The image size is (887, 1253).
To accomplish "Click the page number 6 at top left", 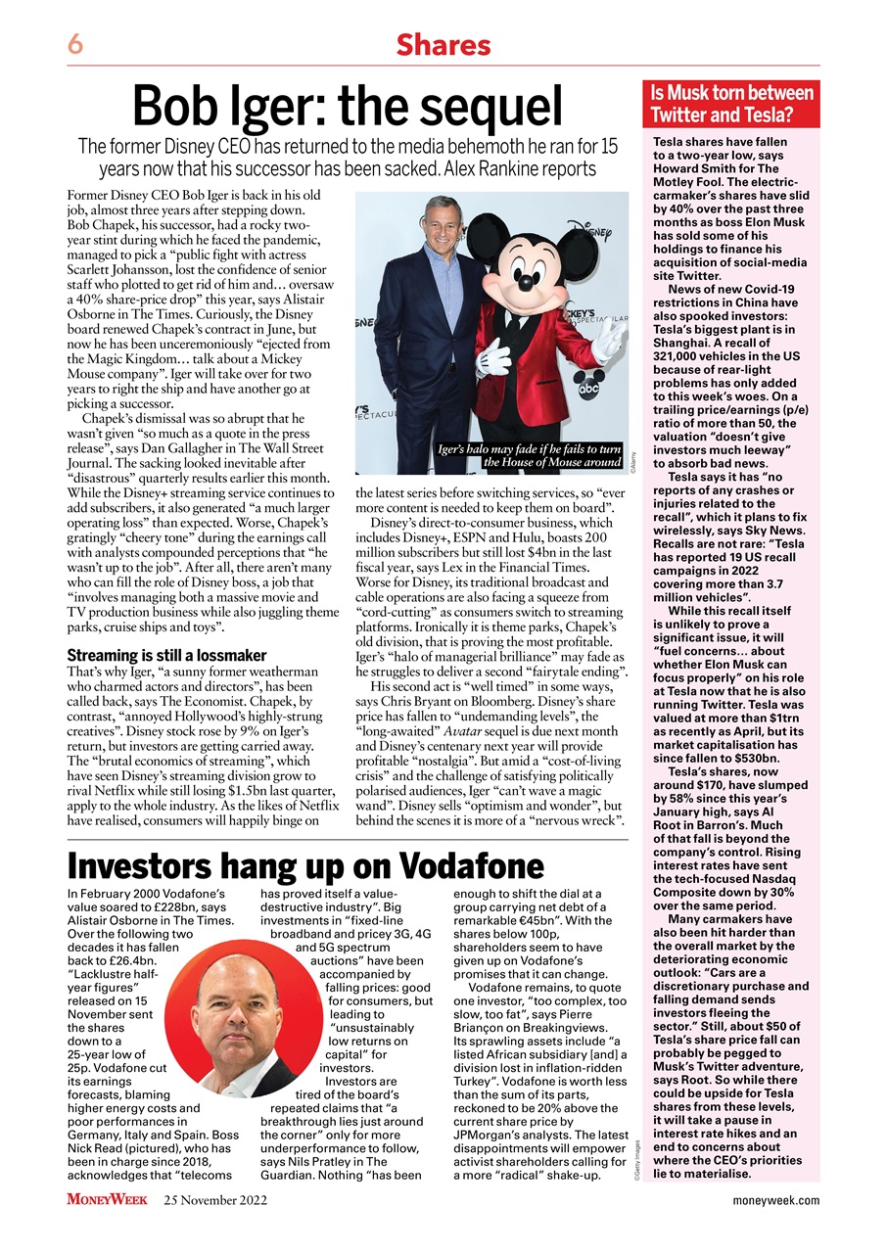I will [x=74, y=44].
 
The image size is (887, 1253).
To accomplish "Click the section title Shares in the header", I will [x=443, y=44].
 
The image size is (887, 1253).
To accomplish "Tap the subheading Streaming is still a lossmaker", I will [x=165, y=655].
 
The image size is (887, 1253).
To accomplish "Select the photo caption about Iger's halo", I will [x=531, y=455].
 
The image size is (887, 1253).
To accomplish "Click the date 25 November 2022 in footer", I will [x=215, y=1200].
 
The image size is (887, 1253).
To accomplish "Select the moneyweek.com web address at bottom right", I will [x=776, y=1200].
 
